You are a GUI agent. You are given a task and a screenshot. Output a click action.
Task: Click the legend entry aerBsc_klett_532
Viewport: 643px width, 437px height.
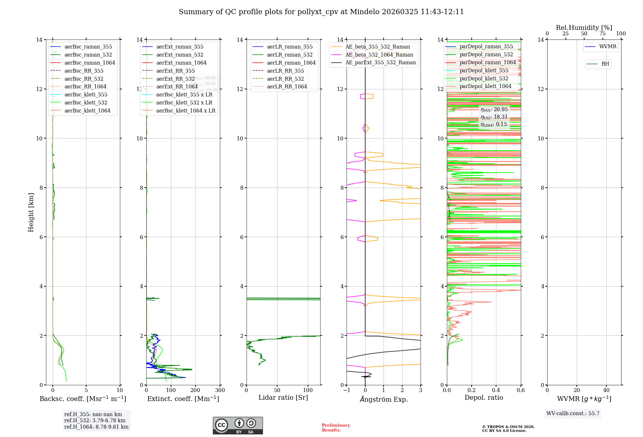click(86, 103)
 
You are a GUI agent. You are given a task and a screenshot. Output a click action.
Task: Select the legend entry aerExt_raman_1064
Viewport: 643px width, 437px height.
click(181, 63)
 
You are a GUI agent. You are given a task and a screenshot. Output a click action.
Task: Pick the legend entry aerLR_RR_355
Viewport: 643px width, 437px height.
click(285, 71)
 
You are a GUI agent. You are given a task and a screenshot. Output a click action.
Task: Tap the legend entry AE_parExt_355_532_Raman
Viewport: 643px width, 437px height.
click(380, 62)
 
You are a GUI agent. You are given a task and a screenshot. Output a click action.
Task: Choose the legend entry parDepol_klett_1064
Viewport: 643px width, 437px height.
click(485, 86)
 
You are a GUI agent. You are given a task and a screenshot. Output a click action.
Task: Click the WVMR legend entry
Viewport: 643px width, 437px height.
click(608, 47)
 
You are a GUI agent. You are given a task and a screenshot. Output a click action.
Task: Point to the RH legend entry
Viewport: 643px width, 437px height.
click(605, 64)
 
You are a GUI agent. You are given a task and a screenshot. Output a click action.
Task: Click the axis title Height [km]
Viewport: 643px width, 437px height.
click(31, 212)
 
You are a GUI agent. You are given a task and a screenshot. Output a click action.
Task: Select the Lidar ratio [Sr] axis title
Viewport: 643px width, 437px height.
click(283, 397)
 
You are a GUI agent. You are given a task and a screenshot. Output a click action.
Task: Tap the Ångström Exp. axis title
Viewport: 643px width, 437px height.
click(384, 399)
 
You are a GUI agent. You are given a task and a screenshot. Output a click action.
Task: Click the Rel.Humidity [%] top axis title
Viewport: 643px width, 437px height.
click(584, 28)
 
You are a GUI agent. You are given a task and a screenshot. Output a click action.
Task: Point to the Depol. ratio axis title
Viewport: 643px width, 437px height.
click(484, 397)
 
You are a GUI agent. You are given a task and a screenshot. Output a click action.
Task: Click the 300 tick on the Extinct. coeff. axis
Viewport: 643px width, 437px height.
click(220, 390)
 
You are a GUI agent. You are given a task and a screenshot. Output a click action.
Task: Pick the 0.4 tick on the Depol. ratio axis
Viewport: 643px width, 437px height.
click(496, 390)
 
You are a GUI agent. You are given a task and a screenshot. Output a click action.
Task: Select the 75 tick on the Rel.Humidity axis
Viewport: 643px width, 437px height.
click(602, 34)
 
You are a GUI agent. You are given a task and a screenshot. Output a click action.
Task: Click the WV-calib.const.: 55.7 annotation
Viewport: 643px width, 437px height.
click(573, 413)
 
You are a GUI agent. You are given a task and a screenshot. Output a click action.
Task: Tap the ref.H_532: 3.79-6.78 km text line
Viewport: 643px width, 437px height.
click(95, 420)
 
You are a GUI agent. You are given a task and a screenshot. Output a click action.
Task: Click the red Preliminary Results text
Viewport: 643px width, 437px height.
click(336, 428)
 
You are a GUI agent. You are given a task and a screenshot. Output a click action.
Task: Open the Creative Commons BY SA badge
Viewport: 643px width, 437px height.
click(238, 425)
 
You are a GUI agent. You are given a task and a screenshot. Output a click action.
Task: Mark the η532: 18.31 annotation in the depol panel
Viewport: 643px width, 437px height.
click(494, 117)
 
